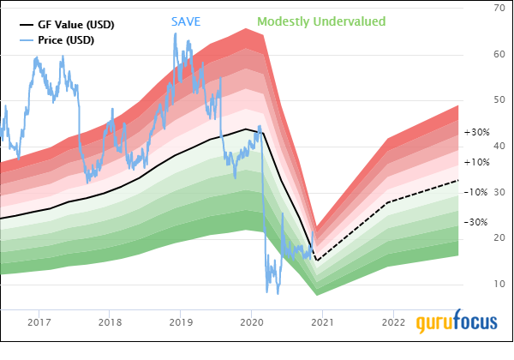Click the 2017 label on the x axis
click(x=39, y=322)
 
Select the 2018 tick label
click(x=110, y=322)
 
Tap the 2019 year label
click(x=181, y=322)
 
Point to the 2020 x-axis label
click(x=252, y=322)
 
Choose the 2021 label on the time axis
click(x=323, y=322)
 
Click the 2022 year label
click(x=394, y=322)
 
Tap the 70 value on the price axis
click(x=499, y=8)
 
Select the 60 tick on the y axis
click(x=499, y=54)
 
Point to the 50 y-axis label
click(x=499, y=100)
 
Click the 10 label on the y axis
click(x=499, y=284)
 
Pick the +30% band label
click(x=477, y=132)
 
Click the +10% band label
click(x=477, y=162)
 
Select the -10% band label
click(x=476, y=192)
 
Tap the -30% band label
click(x=476, y=222)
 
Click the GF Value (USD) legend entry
click(x=67, y=25)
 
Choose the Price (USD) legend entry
click(x=57, y=40)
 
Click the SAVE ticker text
click(x=186, y=21)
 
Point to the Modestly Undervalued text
click(x=321, y=21)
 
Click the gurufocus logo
click(x=457, y=322)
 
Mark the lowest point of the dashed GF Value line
click(x=317, y=261)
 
